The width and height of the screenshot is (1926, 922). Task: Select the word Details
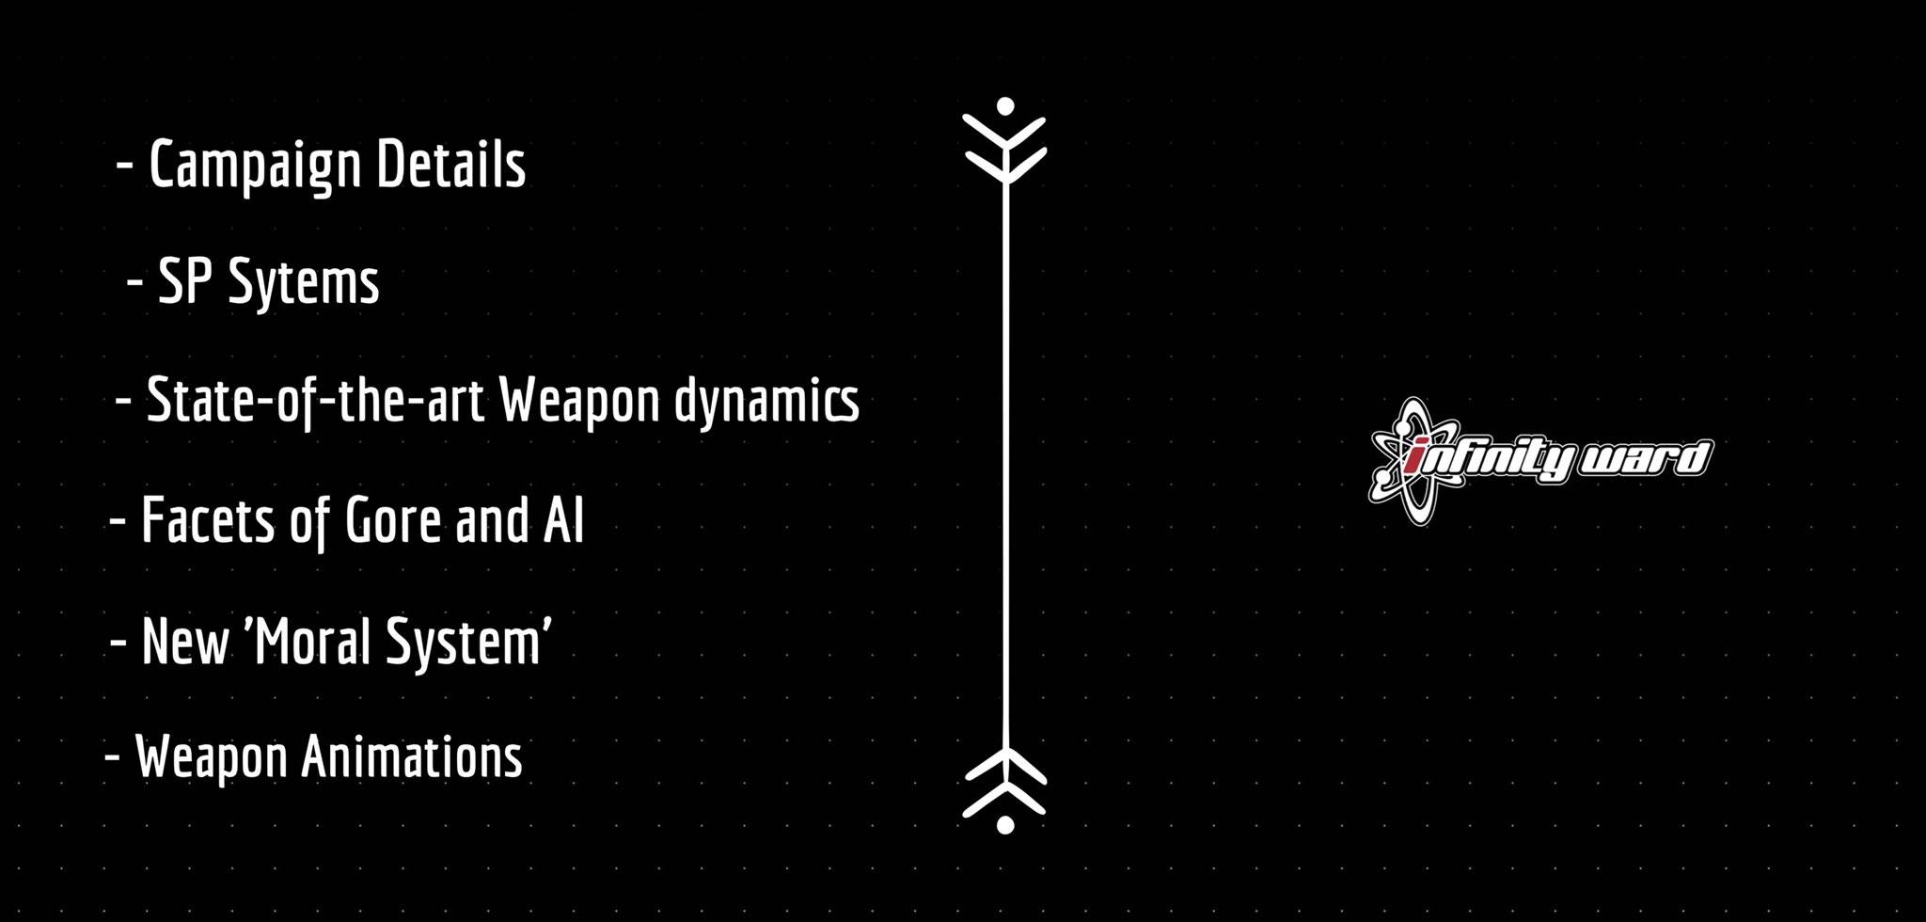coord(451,164)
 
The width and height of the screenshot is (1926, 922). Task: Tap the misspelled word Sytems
coord(304,283)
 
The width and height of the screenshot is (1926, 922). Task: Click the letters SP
coord(185,280)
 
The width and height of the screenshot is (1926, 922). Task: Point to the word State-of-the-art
coord(316,402)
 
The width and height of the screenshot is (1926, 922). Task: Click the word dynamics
coord(766,402)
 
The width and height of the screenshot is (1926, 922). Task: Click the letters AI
coord(564,520)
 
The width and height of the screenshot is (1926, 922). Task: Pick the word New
coord(185,642)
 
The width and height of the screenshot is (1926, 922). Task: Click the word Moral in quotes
coord(308,642)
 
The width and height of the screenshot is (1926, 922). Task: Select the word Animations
coord(411,756)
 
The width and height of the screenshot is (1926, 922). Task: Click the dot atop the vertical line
coord(1005,105)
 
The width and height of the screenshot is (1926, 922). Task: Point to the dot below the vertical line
coord(1005,825)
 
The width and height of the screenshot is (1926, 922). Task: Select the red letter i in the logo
coord(1417,458)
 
